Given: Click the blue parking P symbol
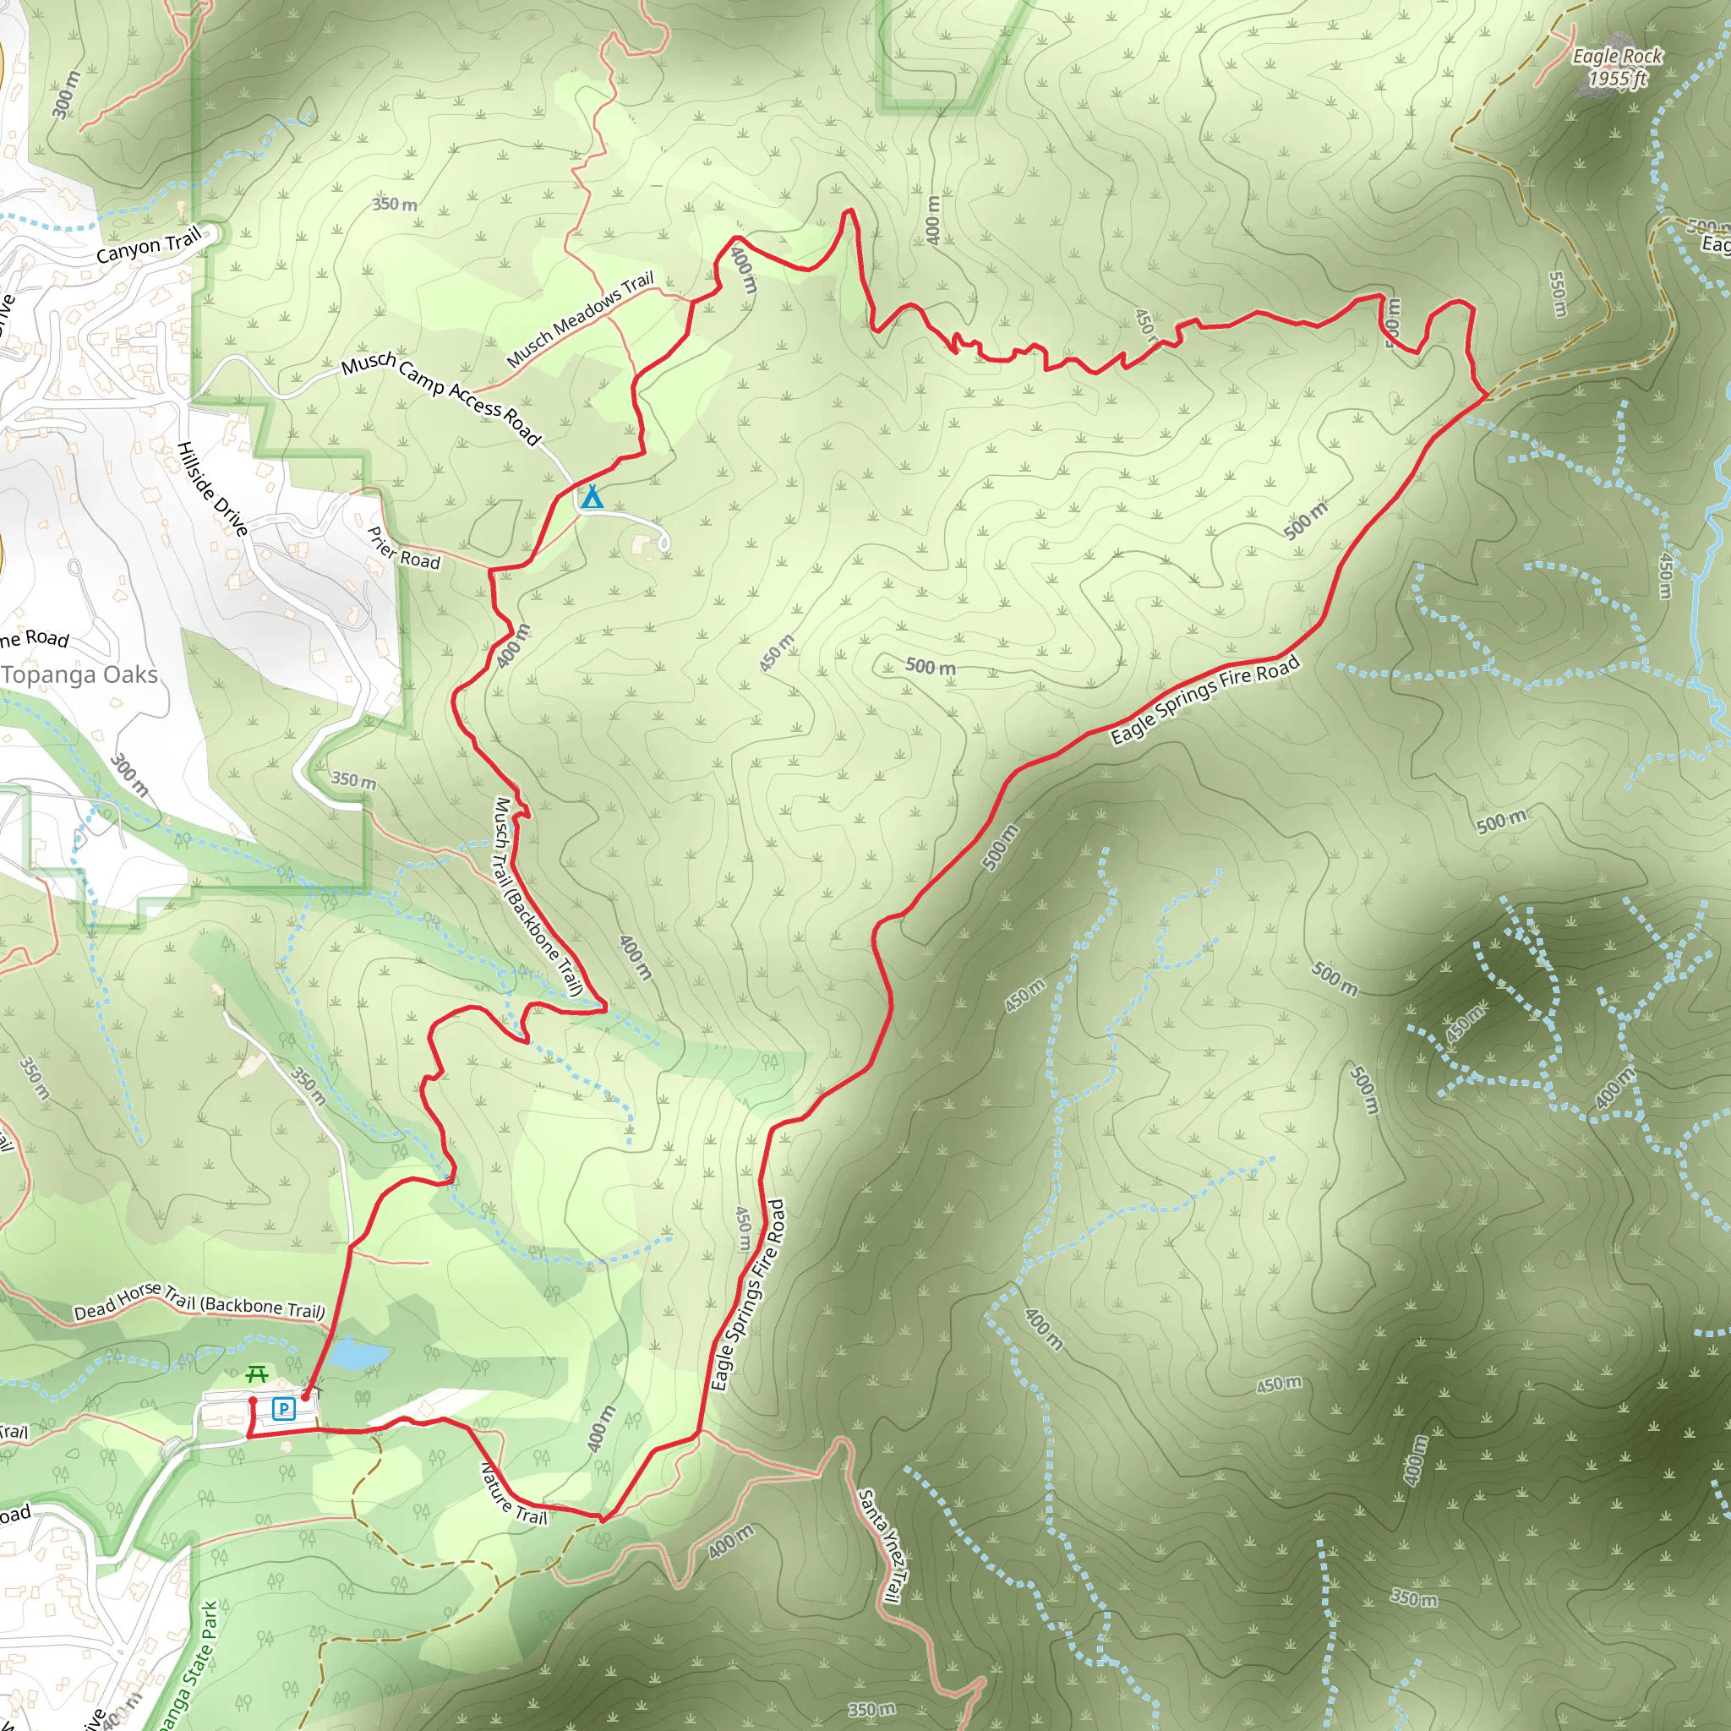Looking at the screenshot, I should click(x=283, y=1409).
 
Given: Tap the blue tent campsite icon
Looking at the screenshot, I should click(x=592, y=497).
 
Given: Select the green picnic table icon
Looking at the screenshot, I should click(x=257, y=1373).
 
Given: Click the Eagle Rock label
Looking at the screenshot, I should click(x=1617, y=57).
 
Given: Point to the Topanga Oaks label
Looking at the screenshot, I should click(x=79, y=675).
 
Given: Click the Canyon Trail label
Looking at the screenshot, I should click(x=149, y=245).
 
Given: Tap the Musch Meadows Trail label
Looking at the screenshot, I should click(x=581, y=319).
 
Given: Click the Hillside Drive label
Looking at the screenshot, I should click(x=212, y=489).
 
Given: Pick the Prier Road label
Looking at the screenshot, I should click(x=404, y=549).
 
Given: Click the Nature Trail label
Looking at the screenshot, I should click(x=513, y=1493).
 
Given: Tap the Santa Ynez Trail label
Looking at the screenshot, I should click(x=882, y=1545).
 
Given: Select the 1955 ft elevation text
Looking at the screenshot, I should click(x=1618, y=79).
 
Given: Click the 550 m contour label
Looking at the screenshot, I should click(x=1557, y=294).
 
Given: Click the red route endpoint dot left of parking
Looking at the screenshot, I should click(x=253, y=1401).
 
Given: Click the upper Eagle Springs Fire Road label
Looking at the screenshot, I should click(x=1204, y=701).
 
